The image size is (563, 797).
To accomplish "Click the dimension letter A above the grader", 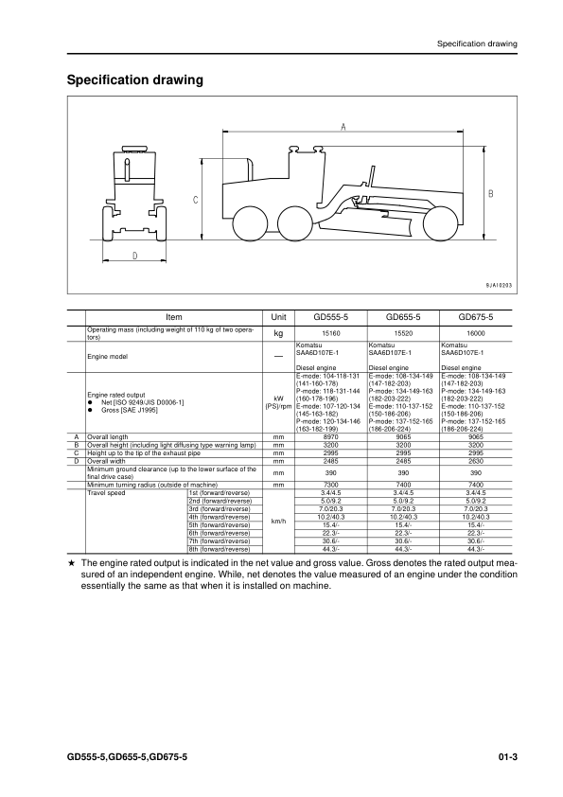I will [342, 125].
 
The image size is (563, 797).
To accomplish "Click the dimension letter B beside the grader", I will [491, 193].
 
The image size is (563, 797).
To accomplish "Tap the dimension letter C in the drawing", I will [195, 200].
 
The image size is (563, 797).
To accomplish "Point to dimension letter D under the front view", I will [135, 256].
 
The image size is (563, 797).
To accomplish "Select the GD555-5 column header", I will [332, 318].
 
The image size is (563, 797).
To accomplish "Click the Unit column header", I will [278, 318].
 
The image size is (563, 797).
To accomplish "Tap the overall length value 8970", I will [332, 436].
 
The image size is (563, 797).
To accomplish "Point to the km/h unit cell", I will [278, 521].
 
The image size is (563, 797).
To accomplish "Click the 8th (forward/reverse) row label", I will [220, 549].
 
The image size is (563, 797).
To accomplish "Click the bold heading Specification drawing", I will [135, 81].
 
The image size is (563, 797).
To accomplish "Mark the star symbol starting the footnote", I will [72, 562].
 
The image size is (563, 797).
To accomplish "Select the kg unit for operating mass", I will [278, 334].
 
